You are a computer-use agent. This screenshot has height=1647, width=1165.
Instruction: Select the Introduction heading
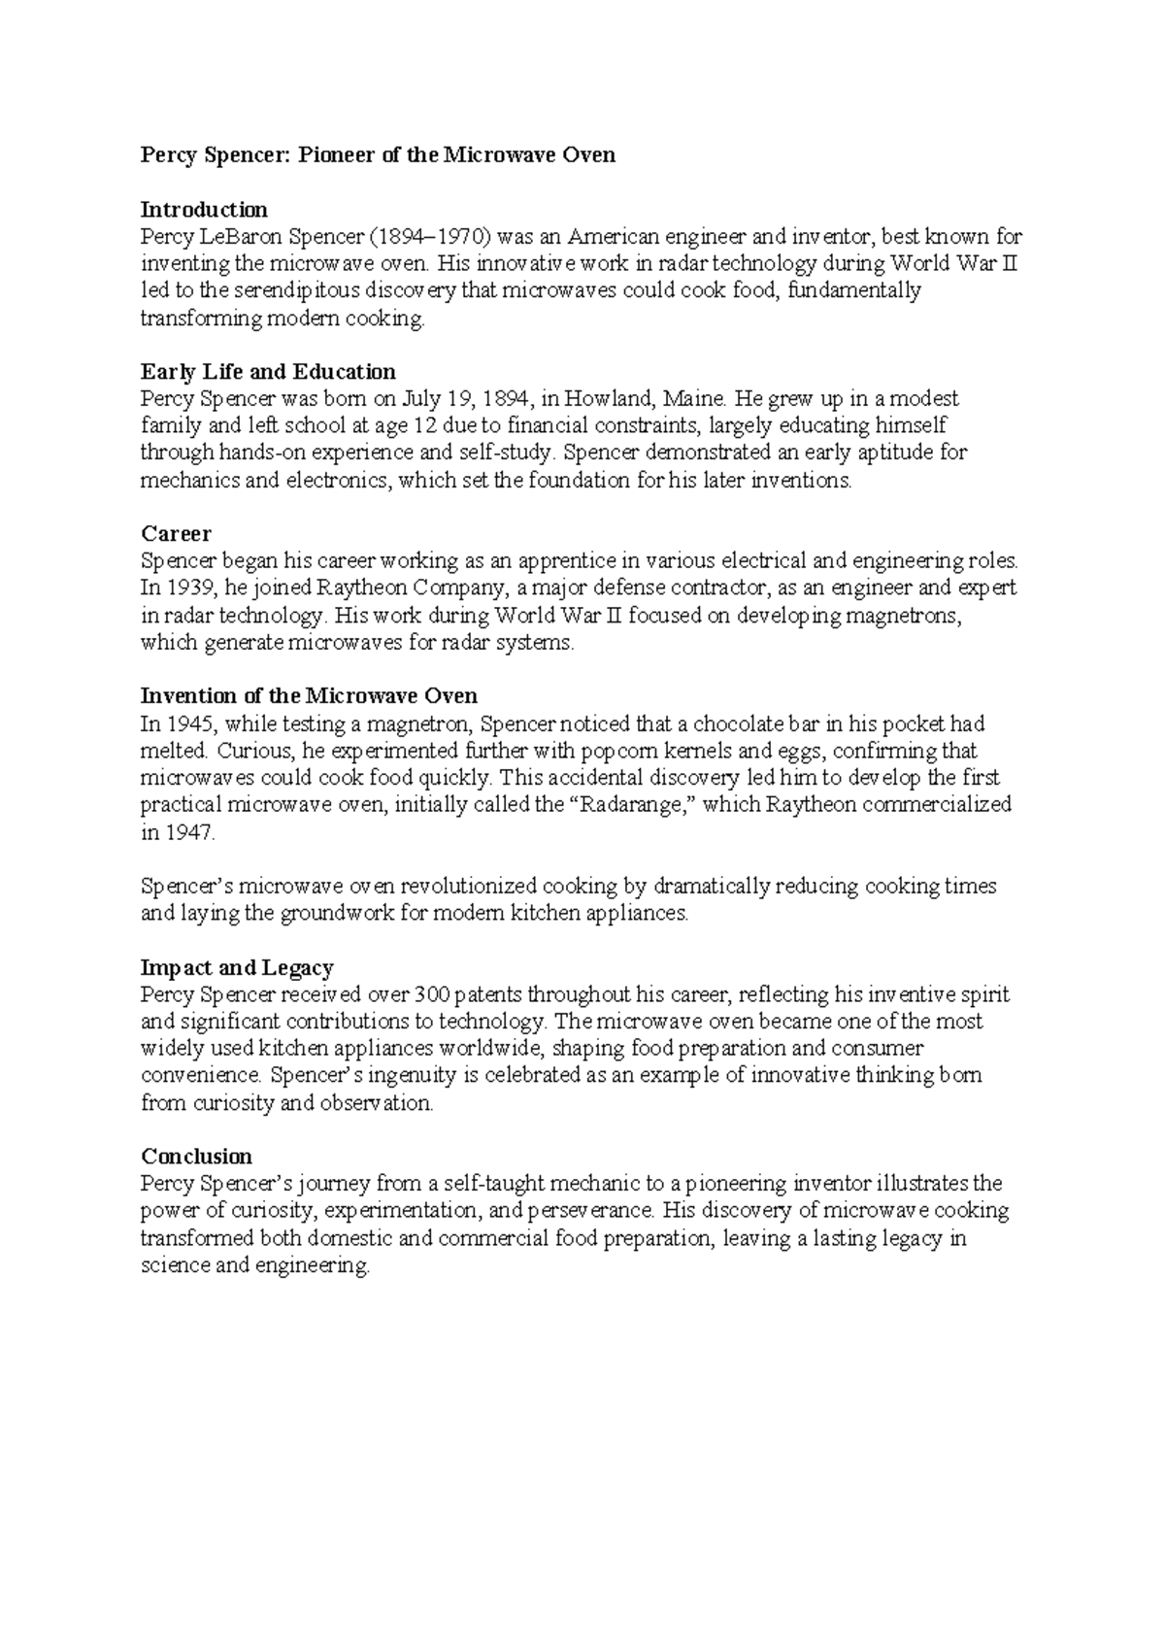pos(204,209)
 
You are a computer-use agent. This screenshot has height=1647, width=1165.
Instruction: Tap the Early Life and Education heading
pos(268,371)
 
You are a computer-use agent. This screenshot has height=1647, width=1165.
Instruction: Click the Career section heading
pos(176,533)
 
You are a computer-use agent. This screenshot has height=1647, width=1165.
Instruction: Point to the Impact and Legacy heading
pos(237,967)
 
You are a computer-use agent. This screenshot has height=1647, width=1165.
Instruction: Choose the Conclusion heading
pos(196,1156)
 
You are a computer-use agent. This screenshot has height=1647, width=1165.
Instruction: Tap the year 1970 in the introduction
pos(472,236)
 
